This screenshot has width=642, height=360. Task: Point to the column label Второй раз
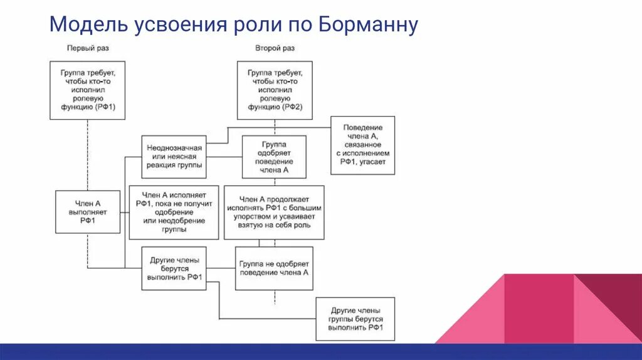pyautogui.click(x=275, y=48)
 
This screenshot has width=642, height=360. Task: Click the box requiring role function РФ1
pyautogui.click(x=87, y=90)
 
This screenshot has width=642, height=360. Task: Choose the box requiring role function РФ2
pyautogui.click(x=275, y=90)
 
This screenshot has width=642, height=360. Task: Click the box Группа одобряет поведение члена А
pyautogui.click(x=273, y=157)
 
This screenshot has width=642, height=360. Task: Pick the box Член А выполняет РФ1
pyautogui.click(x=88, y=212)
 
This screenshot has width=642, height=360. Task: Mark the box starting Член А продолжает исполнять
pyautogui.click(x=274, y=212)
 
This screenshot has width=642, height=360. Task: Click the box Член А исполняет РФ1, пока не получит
pyautogui.click(x=174, y=212)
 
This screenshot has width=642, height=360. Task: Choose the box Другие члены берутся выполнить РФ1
pyautogui.click(x=174, y=268)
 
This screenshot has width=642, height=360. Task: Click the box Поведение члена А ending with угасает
pyautogui.click(x=363, y=145)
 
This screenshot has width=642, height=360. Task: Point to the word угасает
pyautogui.click(x=376, y=161)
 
